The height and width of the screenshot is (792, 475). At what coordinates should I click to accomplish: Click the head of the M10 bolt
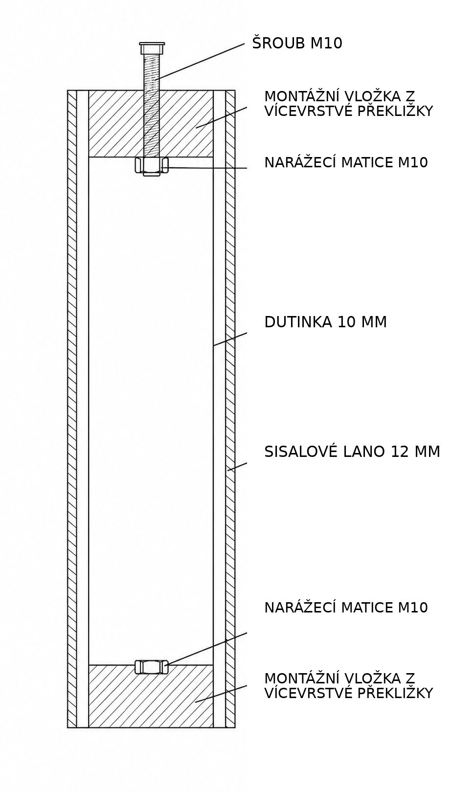coord(152,48)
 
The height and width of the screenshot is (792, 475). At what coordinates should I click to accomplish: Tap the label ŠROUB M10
coord(297,43)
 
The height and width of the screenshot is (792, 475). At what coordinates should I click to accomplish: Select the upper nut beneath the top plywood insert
coord(152,166)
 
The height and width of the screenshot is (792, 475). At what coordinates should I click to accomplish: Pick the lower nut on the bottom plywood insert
coord(151,666)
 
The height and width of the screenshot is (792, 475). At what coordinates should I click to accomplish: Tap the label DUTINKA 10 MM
coord(325,322)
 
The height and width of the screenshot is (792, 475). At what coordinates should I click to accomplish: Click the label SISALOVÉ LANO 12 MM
coord(352,452)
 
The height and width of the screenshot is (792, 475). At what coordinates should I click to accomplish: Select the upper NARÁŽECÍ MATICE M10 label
coord(346,162)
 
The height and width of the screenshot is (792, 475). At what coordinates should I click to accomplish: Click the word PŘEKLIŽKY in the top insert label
coord(395,111)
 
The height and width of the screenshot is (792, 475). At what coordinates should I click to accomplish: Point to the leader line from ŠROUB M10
coord(201,61)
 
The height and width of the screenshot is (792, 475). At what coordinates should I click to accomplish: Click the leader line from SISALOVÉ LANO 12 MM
coord(237,467)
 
